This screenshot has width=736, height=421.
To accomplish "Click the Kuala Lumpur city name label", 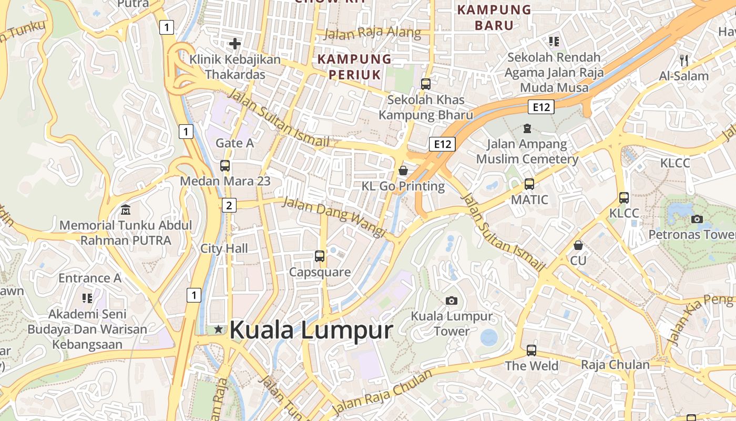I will click(311, 330).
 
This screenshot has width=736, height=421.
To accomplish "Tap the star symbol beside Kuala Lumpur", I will click(219, 329).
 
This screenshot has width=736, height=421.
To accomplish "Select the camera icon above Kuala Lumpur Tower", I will click(451, 300).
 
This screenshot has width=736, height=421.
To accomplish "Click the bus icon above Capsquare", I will click(320, 256).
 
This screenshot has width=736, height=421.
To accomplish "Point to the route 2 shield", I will click(229, 205).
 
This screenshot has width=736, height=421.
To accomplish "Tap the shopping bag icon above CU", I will click(578, 245).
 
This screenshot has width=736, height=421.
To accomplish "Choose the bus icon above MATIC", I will click(529, 184).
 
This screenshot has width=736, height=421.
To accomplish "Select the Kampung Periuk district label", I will click(355, 67).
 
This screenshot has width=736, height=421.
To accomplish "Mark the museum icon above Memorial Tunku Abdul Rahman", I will click(126, 210).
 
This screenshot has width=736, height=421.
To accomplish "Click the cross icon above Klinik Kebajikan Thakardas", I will click(235, 44).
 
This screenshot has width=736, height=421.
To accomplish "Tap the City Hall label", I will click(224, 248).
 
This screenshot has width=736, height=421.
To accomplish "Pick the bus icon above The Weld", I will click(531, 350).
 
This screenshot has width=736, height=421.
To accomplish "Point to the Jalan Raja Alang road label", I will click(372, 33).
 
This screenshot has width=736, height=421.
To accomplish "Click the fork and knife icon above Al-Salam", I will click(684, 60).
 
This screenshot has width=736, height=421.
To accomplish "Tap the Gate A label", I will click(234, 143).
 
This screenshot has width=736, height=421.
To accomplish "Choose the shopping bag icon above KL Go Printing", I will click(403, 170).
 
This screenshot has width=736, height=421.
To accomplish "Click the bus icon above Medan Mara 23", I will click(225, 166).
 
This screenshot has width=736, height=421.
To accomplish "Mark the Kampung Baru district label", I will click(494, 17).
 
